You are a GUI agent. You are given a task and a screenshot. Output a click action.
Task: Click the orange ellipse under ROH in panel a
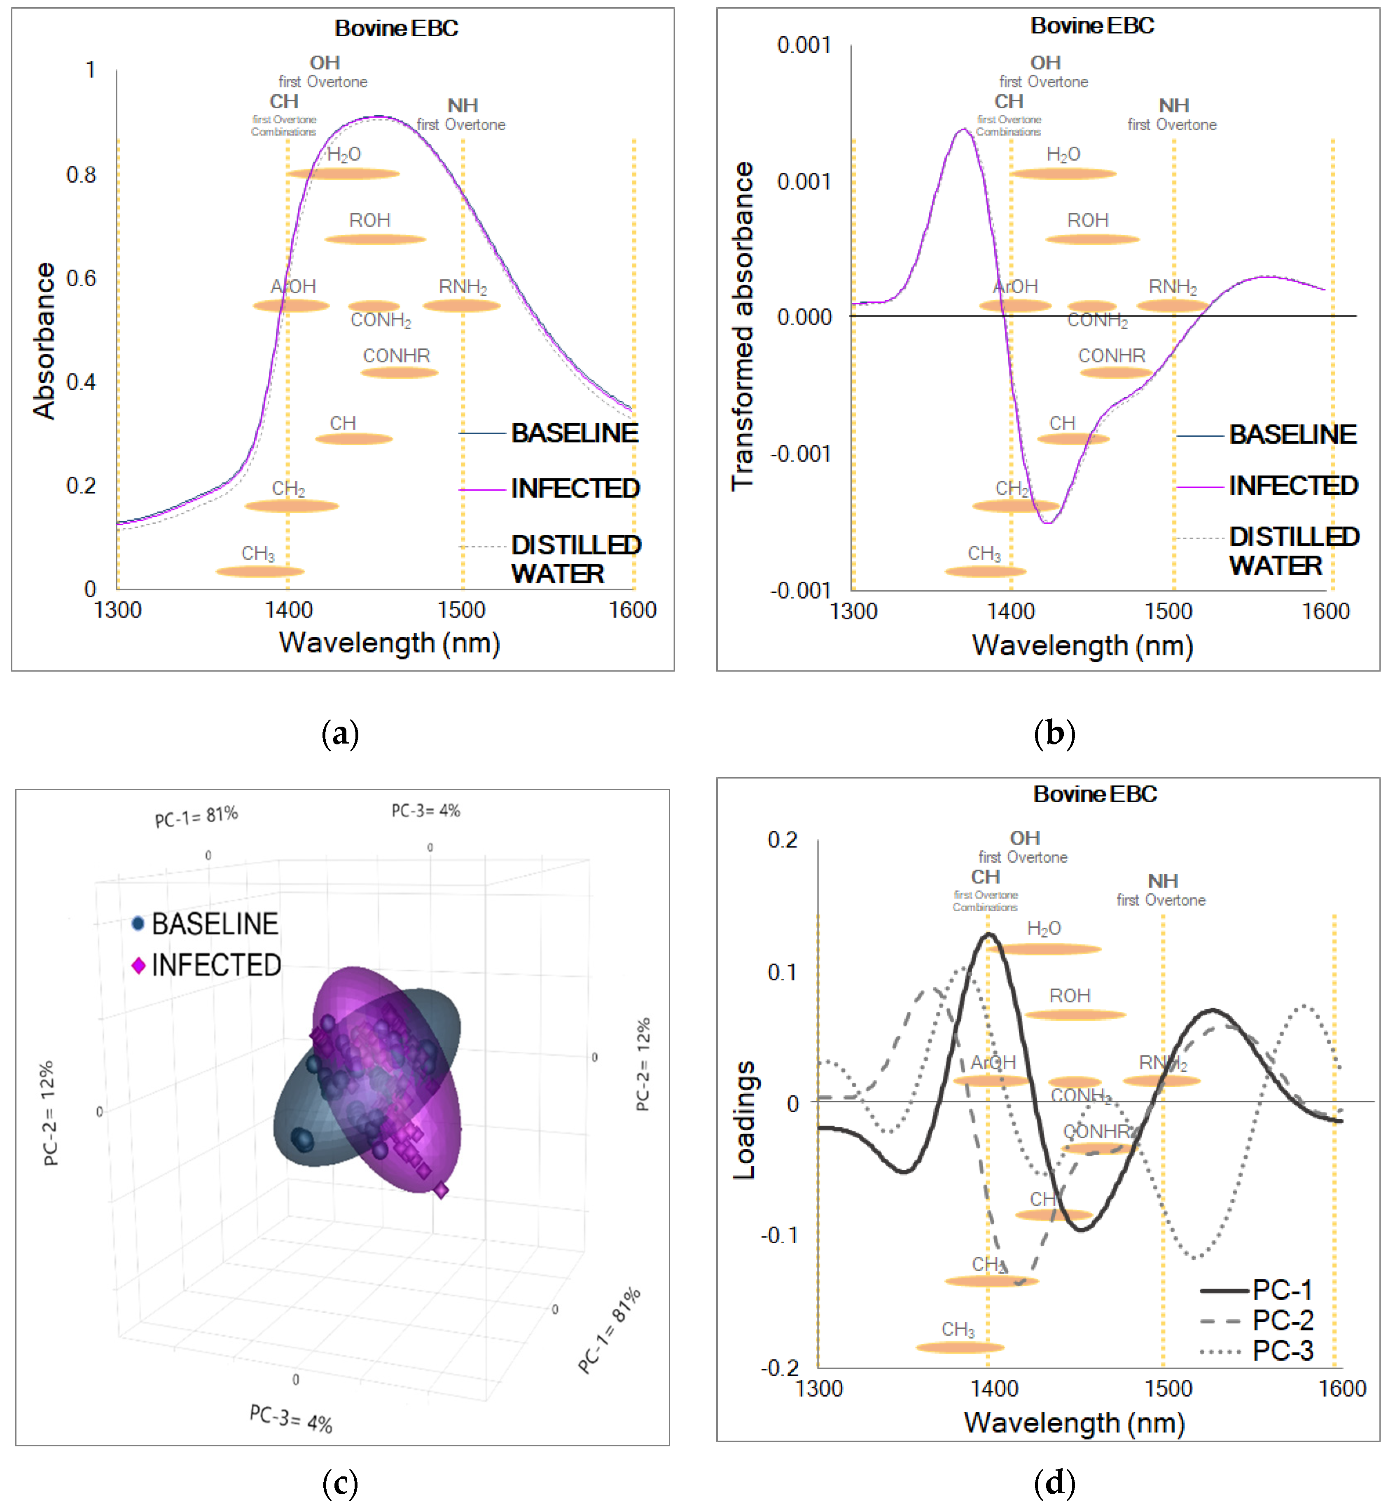coord(375,239)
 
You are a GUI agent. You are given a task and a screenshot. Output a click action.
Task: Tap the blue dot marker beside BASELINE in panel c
coord(138,924)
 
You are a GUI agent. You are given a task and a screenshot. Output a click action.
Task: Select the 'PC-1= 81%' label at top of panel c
coord(196,816)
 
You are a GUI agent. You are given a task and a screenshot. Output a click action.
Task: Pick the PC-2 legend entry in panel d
coord(1282,1320)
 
